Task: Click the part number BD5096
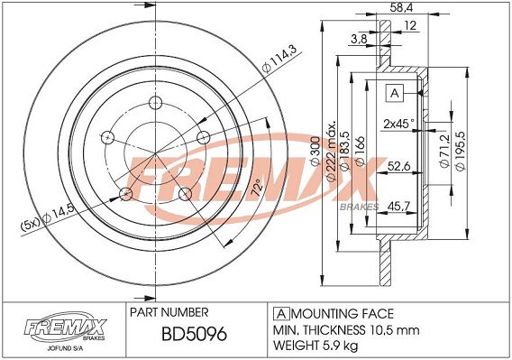coord(195,334)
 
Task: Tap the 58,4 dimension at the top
coord(401,7)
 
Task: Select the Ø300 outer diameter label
coord(315,151)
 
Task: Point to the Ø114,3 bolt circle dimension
coord(279,59)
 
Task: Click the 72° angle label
coord(258,188)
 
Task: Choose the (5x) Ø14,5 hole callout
coord(48,218)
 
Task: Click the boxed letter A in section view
coord(395,93)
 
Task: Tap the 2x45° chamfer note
coord(398,124)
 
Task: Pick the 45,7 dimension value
coord(398,206)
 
